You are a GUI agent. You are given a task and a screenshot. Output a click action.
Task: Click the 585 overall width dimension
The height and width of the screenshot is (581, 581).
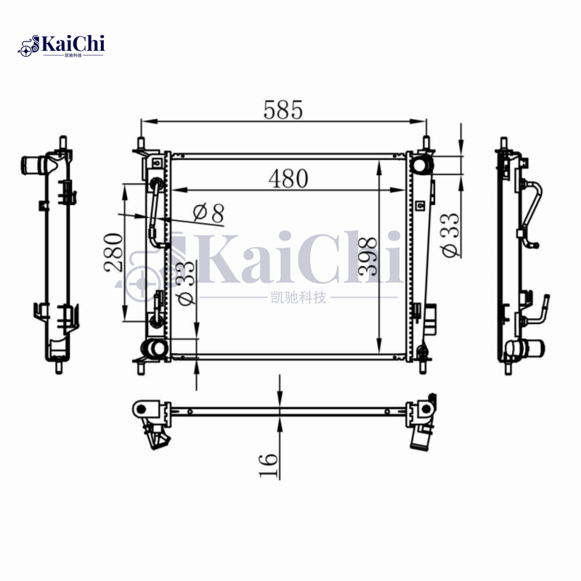tap(283, 110)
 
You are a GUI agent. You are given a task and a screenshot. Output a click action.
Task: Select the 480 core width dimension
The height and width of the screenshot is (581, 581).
tap(288, 178)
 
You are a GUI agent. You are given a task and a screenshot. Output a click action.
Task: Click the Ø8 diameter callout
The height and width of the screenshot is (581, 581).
tap(208, 213)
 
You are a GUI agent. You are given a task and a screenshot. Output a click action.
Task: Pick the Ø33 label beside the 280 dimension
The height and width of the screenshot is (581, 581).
tap(185, 283)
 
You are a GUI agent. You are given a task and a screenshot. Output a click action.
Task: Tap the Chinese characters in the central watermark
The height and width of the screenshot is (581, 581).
tap(298, 296)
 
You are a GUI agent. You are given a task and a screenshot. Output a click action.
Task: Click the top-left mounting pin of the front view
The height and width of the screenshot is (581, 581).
tap(140, 142)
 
